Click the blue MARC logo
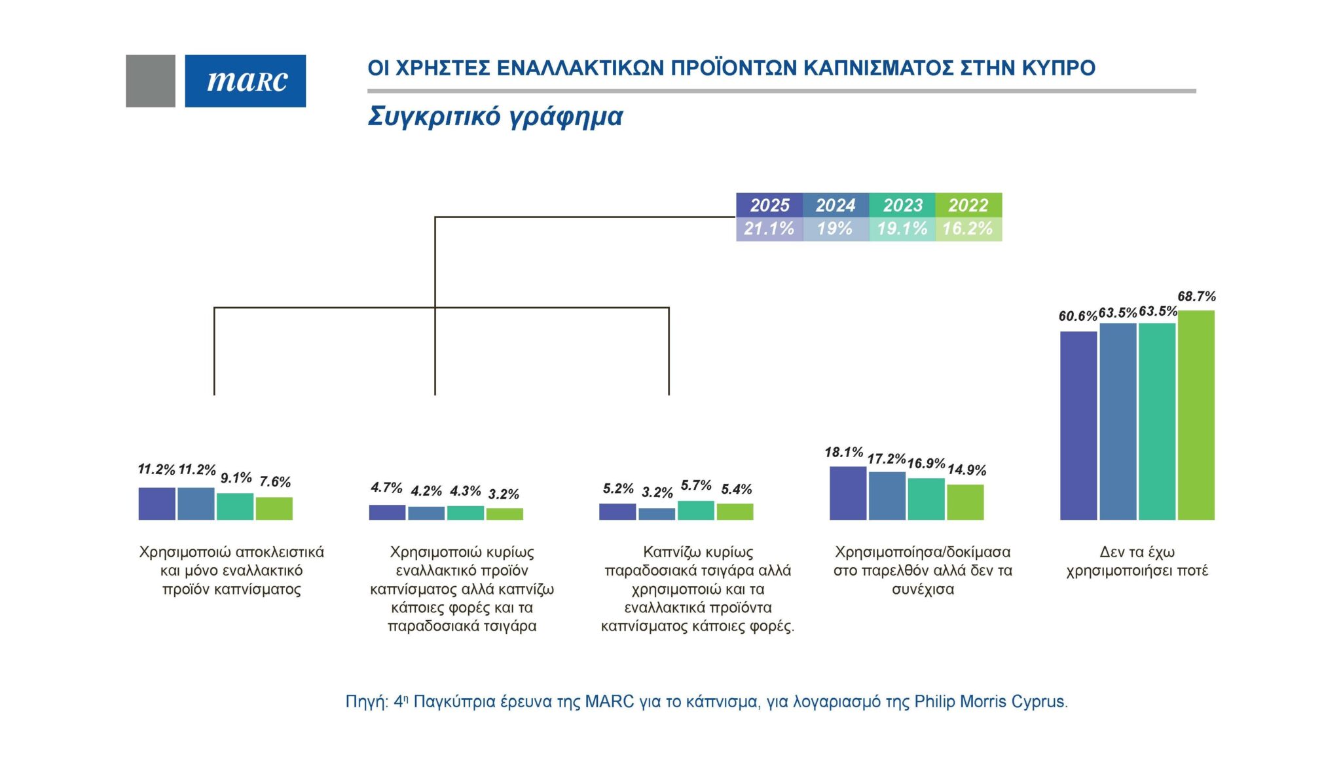(x=245, y=81)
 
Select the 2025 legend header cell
(x=769, y=205)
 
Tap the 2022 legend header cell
(x=968, y=205)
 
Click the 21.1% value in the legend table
(x=769, y=229)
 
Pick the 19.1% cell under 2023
(x=902, y=229)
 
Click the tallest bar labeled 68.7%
(x=1196, y=415)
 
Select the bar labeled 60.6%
(x=1078, y=426)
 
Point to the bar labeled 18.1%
(x=847, y=493)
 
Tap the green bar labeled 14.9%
(x=965, y=502)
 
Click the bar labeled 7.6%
(x=274, y=509)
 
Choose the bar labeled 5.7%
(x=695, y=510)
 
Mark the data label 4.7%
(x=386, y=488)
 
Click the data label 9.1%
(x=236, y=478)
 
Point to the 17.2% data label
(x=887, y=458)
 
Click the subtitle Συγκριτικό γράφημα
(x=495, y=116)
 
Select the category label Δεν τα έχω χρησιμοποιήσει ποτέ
(x=1137, y=561)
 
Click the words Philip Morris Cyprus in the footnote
(x=990, y=701)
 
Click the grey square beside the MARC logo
(x=150, y=81)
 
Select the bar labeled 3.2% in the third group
(x=657, y=514)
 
